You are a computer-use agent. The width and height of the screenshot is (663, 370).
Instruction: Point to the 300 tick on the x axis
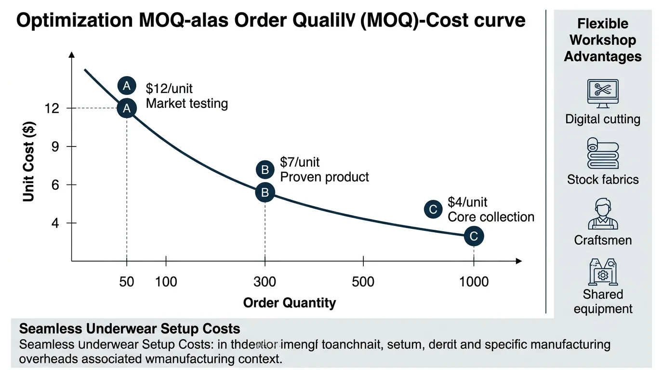[265, 281]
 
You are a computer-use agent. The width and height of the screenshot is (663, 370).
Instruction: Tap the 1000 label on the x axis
[474, 281]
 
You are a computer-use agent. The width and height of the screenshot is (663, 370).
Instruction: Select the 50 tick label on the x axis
[126, 281]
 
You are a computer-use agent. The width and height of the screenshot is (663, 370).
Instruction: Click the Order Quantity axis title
[289, 303]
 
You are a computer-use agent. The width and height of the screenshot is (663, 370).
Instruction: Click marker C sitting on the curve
[474, 236]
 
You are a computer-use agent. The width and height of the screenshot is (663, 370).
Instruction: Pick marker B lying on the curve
[265, 193]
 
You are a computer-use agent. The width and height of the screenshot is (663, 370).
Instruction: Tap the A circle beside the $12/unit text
[127, 86]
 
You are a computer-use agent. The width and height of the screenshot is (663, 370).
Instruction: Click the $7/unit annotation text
[300, 162]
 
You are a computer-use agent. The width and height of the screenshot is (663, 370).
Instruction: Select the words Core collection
[491, 217]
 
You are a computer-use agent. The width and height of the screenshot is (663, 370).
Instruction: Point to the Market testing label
[186, 104]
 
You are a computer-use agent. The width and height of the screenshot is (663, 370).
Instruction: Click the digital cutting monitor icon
[603, 93]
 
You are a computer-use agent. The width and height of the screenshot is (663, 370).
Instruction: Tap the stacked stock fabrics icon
[603, 153]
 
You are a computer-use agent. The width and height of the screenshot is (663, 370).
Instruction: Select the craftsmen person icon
[603, 214]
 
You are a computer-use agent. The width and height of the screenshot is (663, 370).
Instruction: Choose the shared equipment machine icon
[603, 272]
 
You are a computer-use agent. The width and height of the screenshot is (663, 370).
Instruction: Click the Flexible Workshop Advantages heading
[603, 40]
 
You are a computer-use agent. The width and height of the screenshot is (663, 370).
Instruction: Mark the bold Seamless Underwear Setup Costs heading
[130, 329]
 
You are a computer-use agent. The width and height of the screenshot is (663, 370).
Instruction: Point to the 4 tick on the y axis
[54, 224]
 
